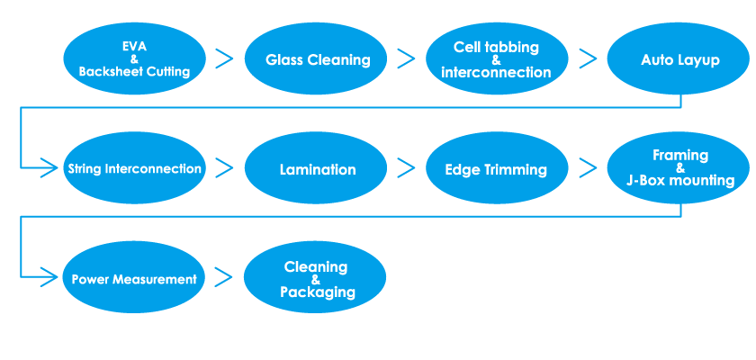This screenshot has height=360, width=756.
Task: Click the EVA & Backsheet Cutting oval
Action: coord(134,58)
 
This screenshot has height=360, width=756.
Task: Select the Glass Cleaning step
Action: coord(316,58)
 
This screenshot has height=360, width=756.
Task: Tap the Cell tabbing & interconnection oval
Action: coord(497,58)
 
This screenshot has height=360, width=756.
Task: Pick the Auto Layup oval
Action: coord(678,58)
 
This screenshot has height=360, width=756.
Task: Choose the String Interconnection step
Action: coord(134,167)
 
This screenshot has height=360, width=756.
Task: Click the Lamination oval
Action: coord(316,167)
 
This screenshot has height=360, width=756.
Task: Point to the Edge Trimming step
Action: coord(497,167)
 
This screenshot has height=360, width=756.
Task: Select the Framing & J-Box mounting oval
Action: coord(678,167)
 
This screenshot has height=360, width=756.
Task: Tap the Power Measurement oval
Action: coord(134,277)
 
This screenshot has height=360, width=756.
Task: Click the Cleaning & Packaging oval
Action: coord(315,277)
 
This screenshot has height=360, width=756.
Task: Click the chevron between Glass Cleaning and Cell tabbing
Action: coord(406,58)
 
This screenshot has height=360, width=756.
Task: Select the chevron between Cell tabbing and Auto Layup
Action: coord(587,58)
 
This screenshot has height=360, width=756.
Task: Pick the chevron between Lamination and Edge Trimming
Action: coord(406,167)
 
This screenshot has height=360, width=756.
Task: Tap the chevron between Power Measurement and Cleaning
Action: coord(224,277)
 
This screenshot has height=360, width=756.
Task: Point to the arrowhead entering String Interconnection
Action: coord(49,167)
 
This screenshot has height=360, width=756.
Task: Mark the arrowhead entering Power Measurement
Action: coord(49,277)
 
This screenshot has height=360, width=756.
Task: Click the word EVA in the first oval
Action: coord(134,47)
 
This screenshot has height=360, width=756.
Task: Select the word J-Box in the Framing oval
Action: coord(645,181)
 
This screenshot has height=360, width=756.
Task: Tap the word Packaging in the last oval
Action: coord(318,292)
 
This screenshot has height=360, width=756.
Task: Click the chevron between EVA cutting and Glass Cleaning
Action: coord(224,58)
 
